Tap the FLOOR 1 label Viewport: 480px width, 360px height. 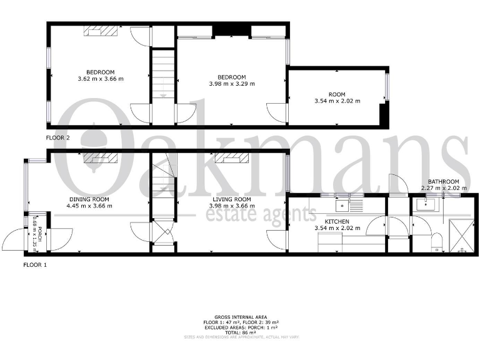point(35,264)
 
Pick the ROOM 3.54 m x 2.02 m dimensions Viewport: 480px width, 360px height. point(337,101)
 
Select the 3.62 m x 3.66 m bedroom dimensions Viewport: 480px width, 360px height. point(101,79)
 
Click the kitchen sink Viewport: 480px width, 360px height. point(342,204)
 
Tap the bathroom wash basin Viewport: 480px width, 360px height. point(429,204)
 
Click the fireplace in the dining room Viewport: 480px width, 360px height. point(101,158)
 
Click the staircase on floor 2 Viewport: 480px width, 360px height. point(163,72)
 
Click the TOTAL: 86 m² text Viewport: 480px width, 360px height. point(239,332)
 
